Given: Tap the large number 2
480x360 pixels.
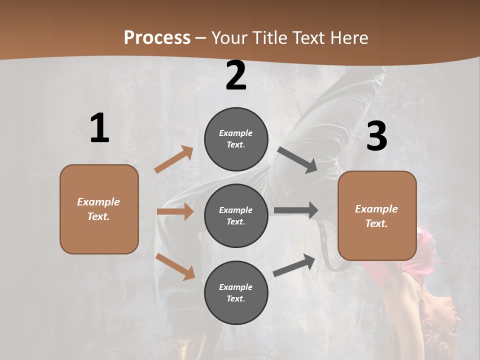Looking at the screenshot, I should coord(236,75).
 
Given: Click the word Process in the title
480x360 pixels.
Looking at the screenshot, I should coord(157,37).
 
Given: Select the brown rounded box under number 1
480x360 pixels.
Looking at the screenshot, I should coord(99,209).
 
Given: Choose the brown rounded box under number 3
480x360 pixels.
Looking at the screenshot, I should coord(377,216).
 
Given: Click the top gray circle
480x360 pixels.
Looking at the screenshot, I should coord(236,139).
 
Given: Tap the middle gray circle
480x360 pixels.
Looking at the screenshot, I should coord(236,215).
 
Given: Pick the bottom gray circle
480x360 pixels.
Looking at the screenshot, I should coord(236,292).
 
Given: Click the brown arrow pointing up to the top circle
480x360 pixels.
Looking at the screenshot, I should coord(174,159).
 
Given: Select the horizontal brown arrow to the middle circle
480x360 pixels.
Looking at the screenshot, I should coord(175,211).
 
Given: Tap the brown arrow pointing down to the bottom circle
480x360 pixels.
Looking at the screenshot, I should coord(175,266).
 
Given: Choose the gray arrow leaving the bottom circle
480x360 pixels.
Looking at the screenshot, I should coord(294,265).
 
